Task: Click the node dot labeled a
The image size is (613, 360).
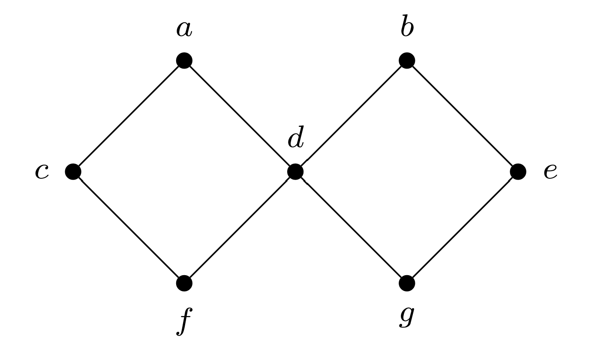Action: [x=184, y=60]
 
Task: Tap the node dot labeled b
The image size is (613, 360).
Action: [x=407, y=60]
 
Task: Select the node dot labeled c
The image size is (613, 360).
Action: [x=73, y=172]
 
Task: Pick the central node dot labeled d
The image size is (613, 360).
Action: [x=295, y=172]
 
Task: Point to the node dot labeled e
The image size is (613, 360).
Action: [x=518, y=172]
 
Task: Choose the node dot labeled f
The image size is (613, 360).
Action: [x=184, y=283]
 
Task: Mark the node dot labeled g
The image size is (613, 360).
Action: [x=407, y=283]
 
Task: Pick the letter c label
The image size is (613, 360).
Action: [x=42, y=172]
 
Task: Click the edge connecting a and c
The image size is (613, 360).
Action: [x=129, y=116]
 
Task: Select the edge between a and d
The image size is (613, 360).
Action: [x=240, y=116]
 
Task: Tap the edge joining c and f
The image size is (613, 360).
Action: [x=129, y=228]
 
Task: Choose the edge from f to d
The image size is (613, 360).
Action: [x=240, y=228]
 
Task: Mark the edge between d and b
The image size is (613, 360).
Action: [x=351, y=116]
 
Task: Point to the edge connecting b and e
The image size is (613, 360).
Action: [x=463, y=116]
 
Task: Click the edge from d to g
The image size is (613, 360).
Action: [x=351, y=228]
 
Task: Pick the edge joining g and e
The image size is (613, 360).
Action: [x=463, y=228]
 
